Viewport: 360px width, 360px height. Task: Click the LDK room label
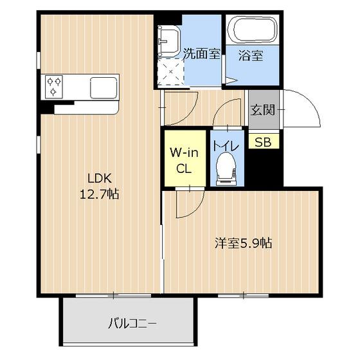(100, 179)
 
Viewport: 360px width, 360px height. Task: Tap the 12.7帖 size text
(100, 194)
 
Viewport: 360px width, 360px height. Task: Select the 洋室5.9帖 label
(244, 244)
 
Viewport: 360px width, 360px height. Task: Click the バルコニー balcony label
(132, 324)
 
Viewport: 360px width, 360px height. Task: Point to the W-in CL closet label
(184, 161)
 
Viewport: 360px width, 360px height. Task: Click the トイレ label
(226, 146)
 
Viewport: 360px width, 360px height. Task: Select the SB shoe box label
(263, 142)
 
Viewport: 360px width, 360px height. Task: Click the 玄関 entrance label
(263, 110)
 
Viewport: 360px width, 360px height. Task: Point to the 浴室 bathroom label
(251, 55)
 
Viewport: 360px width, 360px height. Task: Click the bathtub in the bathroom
(252, 30)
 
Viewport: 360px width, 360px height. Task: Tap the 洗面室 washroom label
(202, 54)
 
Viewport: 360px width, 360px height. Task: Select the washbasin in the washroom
(168, 41)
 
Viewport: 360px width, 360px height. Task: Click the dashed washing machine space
(171, 72)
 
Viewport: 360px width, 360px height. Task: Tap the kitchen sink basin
(104, 88)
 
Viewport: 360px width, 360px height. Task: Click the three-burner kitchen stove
(54, 87)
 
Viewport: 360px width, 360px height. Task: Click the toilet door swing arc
(220, 105)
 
